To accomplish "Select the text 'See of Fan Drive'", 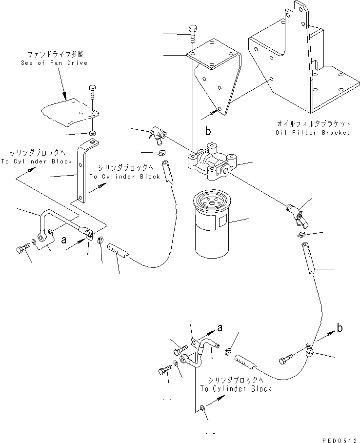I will coord(54,63).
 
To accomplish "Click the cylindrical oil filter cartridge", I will coord(212,224).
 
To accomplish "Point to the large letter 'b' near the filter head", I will coord(208,131).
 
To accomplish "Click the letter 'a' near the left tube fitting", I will coord(63,240).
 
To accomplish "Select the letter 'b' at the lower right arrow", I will coord(340,327).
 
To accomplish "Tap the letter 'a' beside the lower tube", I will coord(220,328).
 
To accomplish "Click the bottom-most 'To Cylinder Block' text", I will coord(236,389).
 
